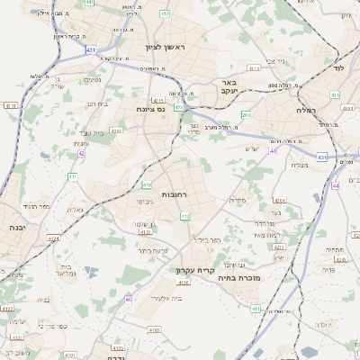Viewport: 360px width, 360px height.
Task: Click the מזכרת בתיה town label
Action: click(238, 279)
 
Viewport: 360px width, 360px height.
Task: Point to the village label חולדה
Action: click(321, 324)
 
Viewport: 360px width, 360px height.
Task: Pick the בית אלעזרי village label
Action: click(169, 298)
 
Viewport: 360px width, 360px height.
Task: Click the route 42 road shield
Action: click(82, 154)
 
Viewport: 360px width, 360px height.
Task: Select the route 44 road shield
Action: click(334, 185)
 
